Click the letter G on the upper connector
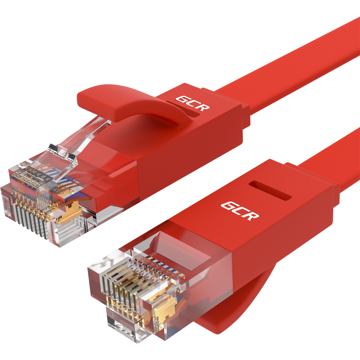pos(183,100)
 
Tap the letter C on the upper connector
pos(193,104)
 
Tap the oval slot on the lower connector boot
pos(270,190)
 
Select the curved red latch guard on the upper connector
pos(128,103)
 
